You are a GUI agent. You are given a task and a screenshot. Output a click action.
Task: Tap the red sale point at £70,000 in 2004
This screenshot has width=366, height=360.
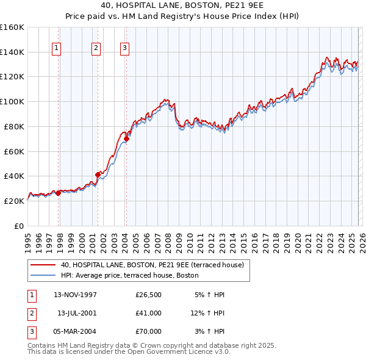pyautogui.click(x=127, y=139)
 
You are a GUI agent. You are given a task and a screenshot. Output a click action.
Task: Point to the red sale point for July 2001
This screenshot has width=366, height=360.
pyautogui.click(x=98, y=175)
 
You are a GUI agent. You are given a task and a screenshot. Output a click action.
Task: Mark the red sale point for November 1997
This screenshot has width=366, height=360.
pyautogui.click(x=59, y=193)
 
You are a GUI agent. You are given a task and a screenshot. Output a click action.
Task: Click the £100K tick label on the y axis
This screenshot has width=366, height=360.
pyautogui.click(x=12, y=101)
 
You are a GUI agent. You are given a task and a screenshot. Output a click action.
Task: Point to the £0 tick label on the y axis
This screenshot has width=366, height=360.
pyautogui.click(x=18, y=226)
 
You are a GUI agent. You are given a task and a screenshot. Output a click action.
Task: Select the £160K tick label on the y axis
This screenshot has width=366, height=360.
pyautogui.click(x=12, y=27)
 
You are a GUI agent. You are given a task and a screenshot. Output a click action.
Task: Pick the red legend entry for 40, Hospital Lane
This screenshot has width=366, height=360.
pyautogui.click(x=152, y=265)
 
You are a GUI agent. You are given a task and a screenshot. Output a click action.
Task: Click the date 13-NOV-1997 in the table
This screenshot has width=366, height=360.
pyautogui.click(x=75, y=295)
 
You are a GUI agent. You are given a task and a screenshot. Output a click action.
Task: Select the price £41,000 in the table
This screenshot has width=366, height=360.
pyautogui.click(x=149, y=313)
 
